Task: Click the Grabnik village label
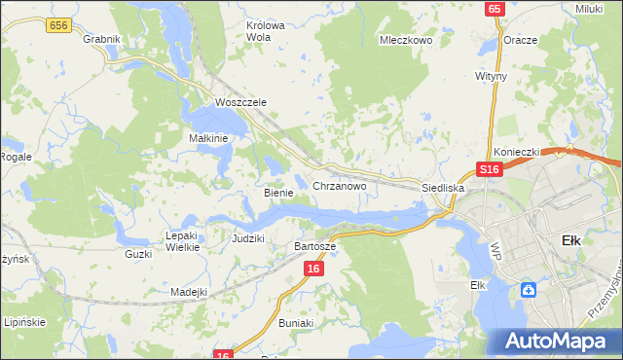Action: [101, 39]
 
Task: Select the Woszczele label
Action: [239, 102]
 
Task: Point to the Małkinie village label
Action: [207, 138]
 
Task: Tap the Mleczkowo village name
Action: [405, 41]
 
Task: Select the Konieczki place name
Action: [516, 152]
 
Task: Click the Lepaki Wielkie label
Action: [182, 241]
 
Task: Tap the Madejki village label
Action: [189, 292]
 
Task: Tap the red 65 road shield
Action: [495, 9]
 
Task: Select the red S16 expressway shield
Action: [489, 169]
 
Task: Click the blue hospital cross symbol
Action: [528, 289]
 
